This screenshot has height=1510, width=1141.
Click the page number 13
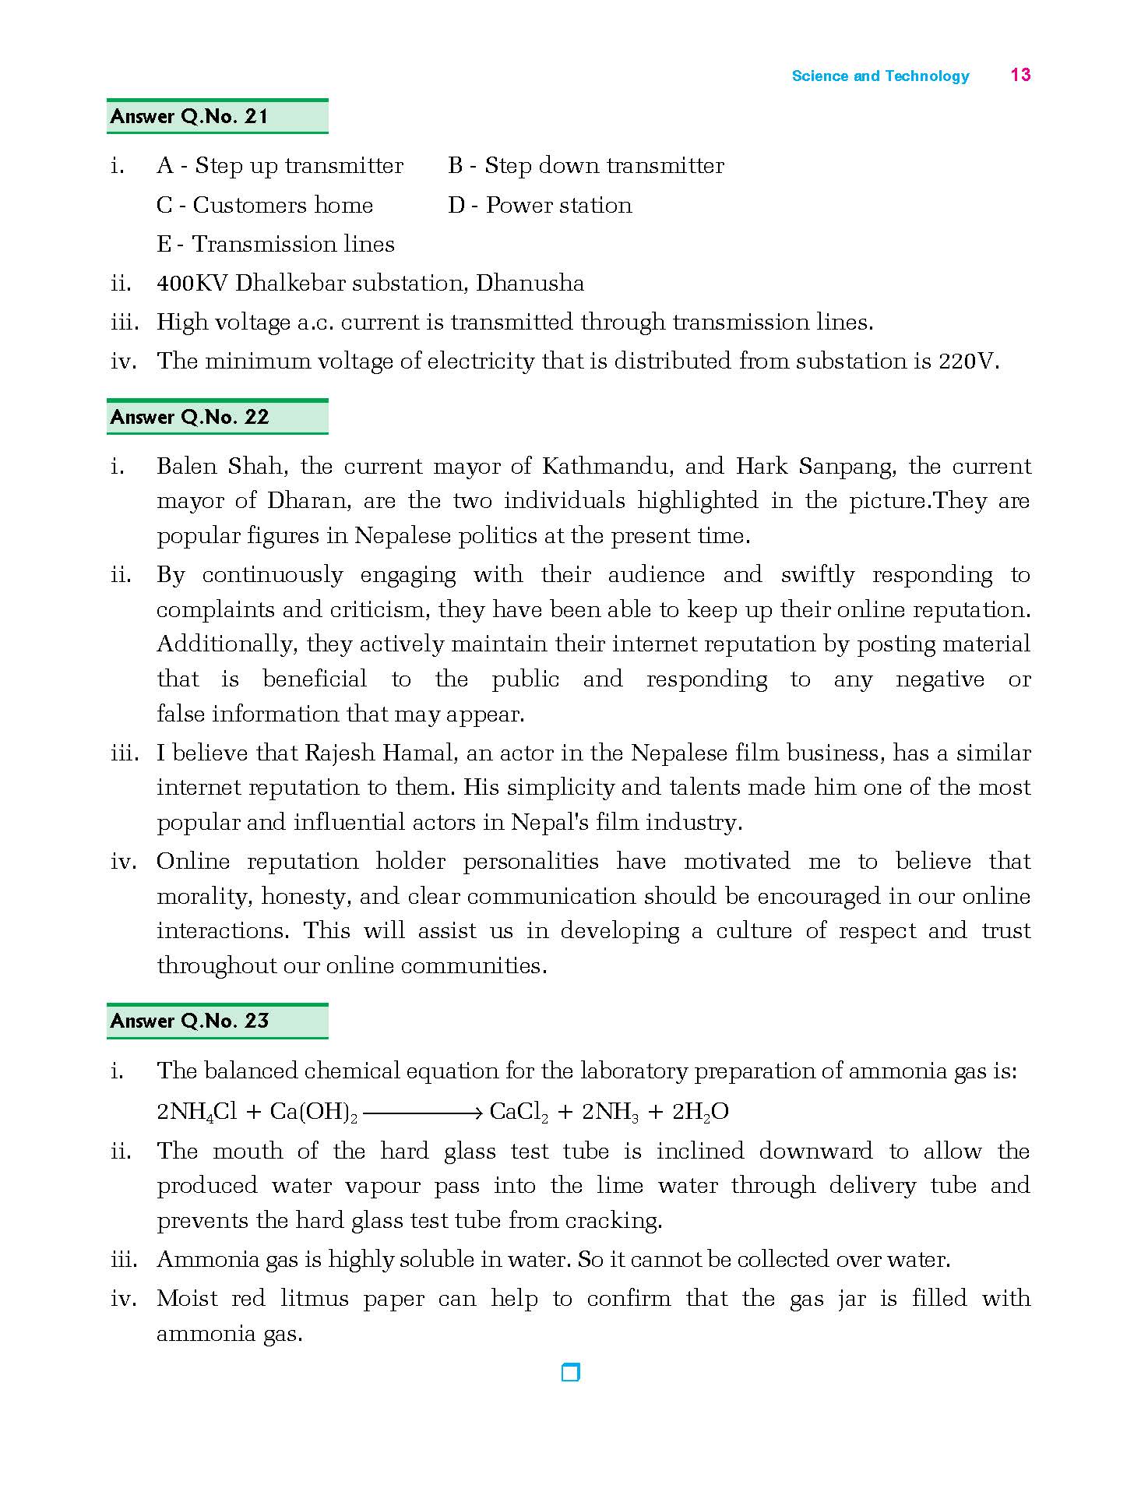coord(1020,75)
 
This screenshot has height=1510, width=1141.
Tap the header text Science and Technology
coord(880,76)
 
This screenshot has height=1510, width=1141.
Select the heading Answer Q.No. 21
coord(189,117)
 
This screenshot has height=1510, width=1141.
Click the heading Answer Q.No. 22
coord(189,418)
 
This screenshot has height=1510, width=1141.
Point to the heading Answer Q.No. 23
coord(189,1021)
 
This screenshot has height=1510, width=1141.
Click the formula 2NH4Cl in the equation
coord(196,1112)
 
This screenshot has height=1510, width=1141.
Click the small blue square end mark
coord(571,1372)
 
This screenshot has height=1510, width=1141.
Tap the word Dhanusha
coord(530,283)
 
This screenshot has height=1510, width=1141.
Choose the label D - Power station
coord(540,206)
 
